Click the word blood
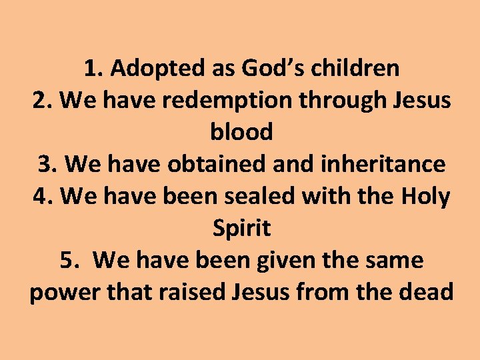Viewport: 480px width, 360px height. [x=241, y=132]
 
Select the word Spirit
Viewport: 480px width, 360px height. [x=241, y=228]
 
